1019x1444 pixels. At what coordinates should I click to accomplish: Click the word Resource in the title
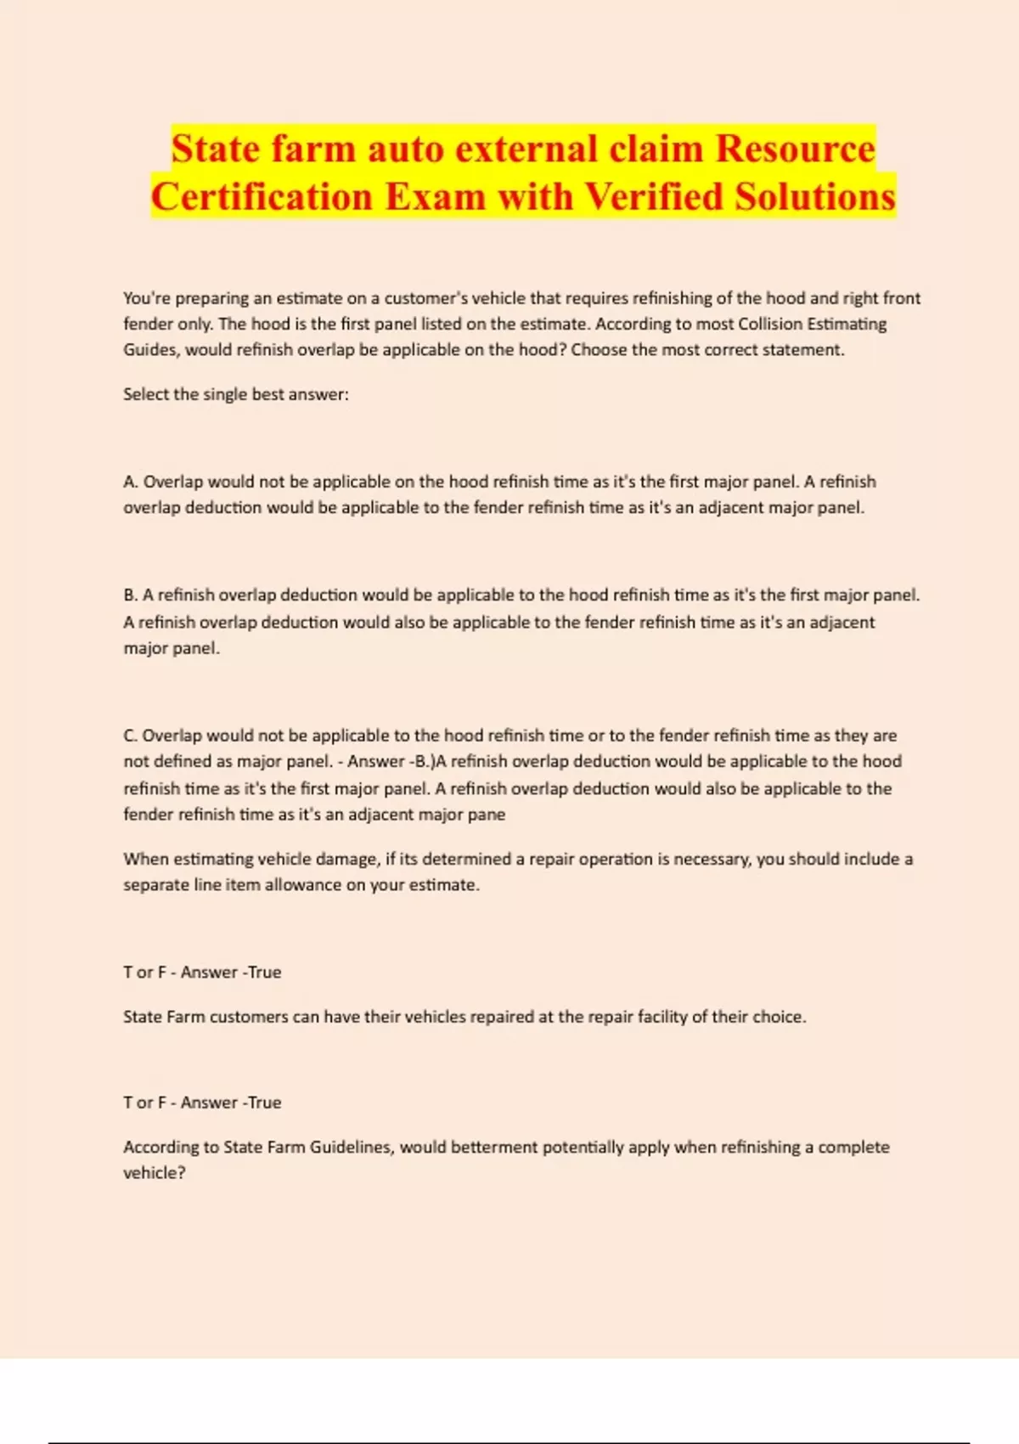795,149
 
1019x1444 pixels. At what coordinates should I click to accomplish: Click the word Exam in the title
435,197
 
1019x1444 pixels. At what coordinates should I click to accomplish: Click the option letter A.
130,482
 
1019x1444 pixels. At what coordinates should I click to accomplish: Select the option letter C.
130,736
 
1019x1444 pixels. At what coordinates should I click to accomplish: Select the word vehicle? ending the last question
154,1173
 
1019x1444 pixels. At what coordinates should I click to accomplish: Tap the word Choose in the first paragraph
598,350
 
